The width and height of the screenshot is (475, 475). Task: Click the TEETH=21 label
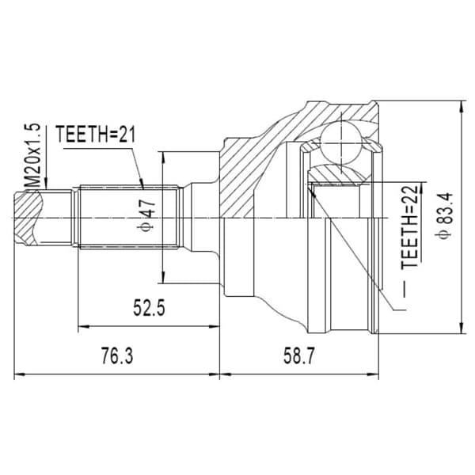(95, 134)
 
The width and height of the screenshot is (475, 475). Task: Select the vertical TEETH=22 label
(409, 226)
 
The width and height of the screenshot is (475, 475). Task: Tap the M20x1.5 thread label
(32, 156)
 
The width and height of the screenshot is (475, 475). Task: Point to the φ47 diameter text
(146, 215)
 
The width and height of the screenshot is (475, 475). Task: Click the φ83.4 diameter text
(444, 215)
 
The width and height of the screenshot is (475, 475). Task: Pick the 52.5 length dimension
(149, 307)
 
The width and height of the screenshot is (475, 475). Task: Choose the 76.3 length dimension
(117, 355)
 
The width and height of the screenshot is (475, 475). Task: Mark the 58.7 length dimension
(299, 355)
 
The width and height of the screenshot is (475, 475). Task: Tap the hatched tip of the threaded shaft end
(27, 218)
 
